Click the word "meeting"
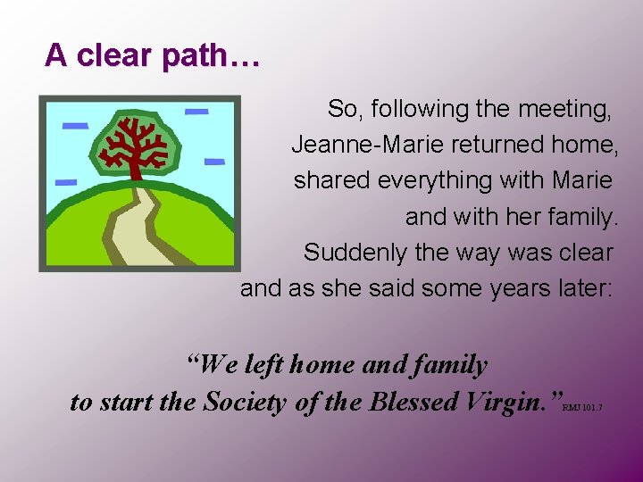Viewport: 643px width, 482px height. pyautogui.click(x=564, y=110)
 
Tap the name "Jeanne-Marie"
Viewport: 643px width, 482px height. pyautogui.click(x=349, y=145)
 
